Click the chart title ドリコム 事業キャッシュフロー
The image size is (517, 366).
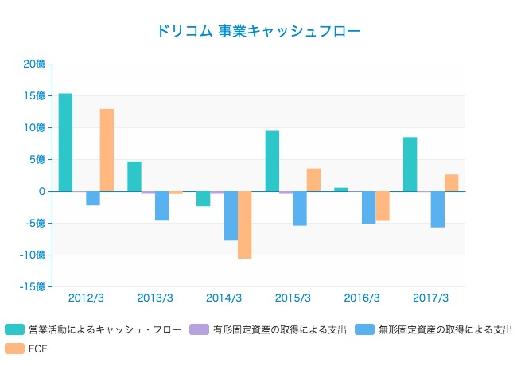tap(258, 32)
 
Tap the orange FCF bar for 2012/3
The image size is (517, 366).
tap(107, 150)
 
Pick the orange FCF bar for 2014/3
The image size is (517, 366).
tap(244, 225)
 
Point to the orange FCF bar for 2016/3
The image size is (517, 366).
tap(382, 206)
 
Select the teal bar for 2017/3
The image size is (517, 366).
tap(410, 164)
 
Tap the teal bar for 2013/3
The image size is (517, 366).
tap(134, 176)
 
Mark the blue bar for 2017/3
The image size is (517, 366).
tap(437, 209)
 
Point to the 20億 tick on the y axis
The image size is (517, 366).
tap(34, 64)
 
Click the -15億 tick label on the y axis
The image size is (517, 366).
tap(33, 287)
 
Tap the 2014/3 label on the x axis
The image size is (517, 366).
tap(224, 298)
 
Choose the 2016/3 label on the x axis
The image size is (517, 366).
tap(361, 298)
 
